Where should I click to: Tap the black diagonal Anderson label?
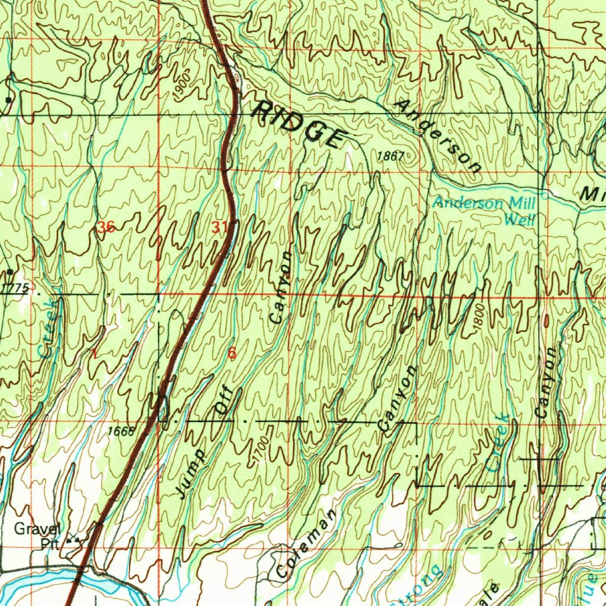[x=438, y=137]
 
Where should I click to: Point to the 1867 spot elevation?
[x=391, y=156]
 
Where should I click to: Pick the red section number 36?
[x=106, y=227]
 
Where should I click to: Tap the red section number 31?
[x=220, y=227]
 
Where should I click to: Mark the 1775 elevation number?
[x=15, y=288]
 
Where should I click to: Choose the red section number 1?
[x=93, y=353]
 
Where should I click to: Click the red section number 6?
[x=231, y=353]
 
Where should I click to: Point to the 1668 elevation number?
[x=121, y=431]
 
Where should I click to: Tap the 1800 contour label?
[x=479, y=320]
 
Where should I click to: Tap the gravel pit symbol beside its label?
[x=74, y=540]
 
